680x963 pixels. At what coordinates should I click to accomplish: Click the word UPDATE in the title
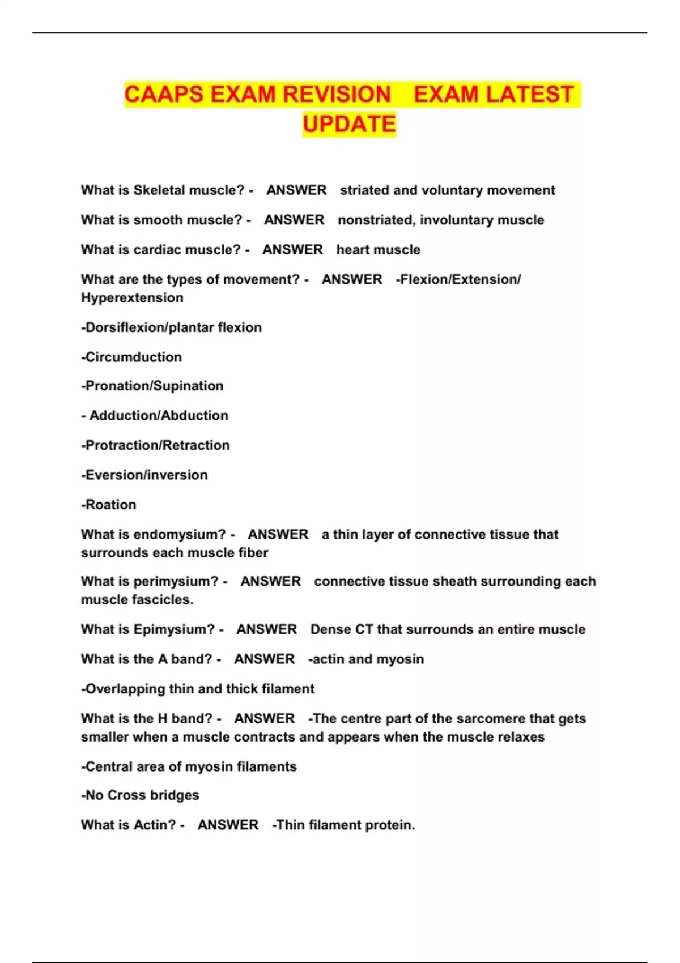pos(349,124)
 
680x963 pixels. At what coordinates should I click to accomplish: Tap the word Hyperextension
pos(132,298)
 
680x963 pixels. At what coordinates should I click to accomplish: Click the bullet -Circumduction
pos(131,357)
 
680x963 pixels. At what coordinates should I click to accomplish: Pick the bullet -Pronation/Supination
pos(152,386)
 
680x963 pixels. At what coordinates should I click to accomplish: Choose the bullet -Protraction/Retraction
pos(155,445)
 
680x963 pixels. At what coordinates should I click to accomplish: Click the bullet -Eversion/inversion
pos(144,475)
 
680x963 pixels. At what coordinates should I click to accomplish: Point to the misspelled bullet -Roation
pos(109,505)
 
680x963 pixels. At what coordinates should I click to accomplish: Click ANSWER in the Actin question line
pos(228,825)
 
